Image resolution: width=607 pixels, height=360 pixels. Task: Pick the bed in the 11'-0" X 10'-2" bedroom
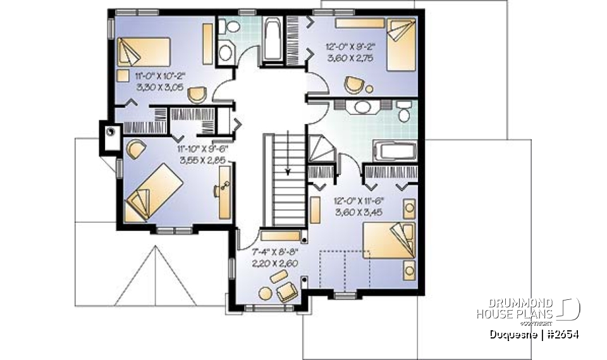click(143, 52)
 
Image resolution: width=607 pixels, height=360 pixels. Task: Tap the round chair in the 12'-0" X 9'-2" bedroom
click(354, 84)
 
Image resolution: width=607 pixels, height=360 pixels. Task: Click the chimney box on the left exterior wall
click(110, 134)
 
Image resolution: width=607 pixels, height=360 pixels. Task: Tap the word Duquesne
click(513, 333)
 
